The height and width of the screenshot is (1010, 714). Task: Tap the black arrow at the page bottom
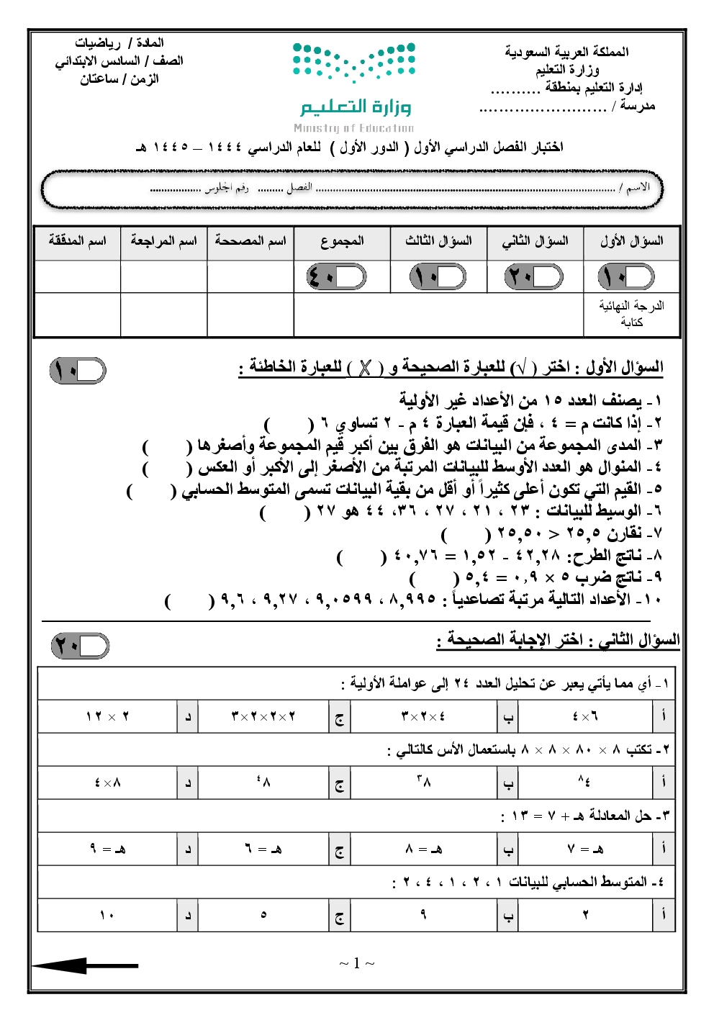pyautogui.click(x=85, y=965)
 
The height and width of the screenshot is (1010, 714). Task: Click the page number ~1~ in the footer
pyautogui.click(x=357, y=963)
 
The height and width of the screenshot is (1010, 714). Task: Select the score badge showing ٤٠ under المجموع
pyautogui.click(x=336, y=276)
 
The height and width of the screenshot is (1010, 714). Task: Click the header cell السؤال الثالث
pyautogui.click(x=438, y=241)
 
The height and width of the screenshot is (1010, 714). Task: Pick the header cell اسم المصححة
pyautogui.click(x=250, y=241)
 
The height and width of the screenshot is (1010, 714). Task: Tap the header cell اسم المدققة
pyautogui.click(x=77, y=241)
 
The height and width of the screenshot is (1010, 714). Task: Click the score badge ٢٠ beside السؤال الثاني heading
pyautogui.click(x=80, y=646)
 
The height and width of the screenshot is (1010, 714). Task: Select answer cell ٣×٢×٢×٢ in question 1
pyautogui.click(x=263, y=716)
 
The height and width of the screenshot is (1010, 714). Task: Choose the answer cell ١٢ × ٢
pyautogui.click(x=107, y=716)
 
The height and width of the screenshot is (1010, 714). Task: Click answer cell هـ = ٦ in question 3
pyautogui.click(x=263, y=849)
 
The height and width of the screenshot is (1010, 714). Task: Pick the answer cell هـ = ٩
pyautogui.click(x=107, y=849)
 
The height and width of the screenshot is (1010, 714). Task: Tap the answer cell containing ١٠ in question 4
pyautogui.click(x=107, y=916)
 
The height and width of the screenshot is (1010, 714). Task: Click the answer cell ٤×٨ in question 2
pyautogui.click(x=107, y=783)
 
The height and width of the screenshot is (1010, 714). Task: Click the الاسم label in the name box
pyautogui.click(x=637, y=188)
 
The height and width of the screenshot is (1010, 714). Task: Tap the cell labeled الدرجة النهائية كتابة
pyautogui.click(x=631, y=314)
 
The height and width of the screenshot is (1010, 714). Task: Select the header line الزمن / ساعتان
pyautogui.click(x=119, y=79)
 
